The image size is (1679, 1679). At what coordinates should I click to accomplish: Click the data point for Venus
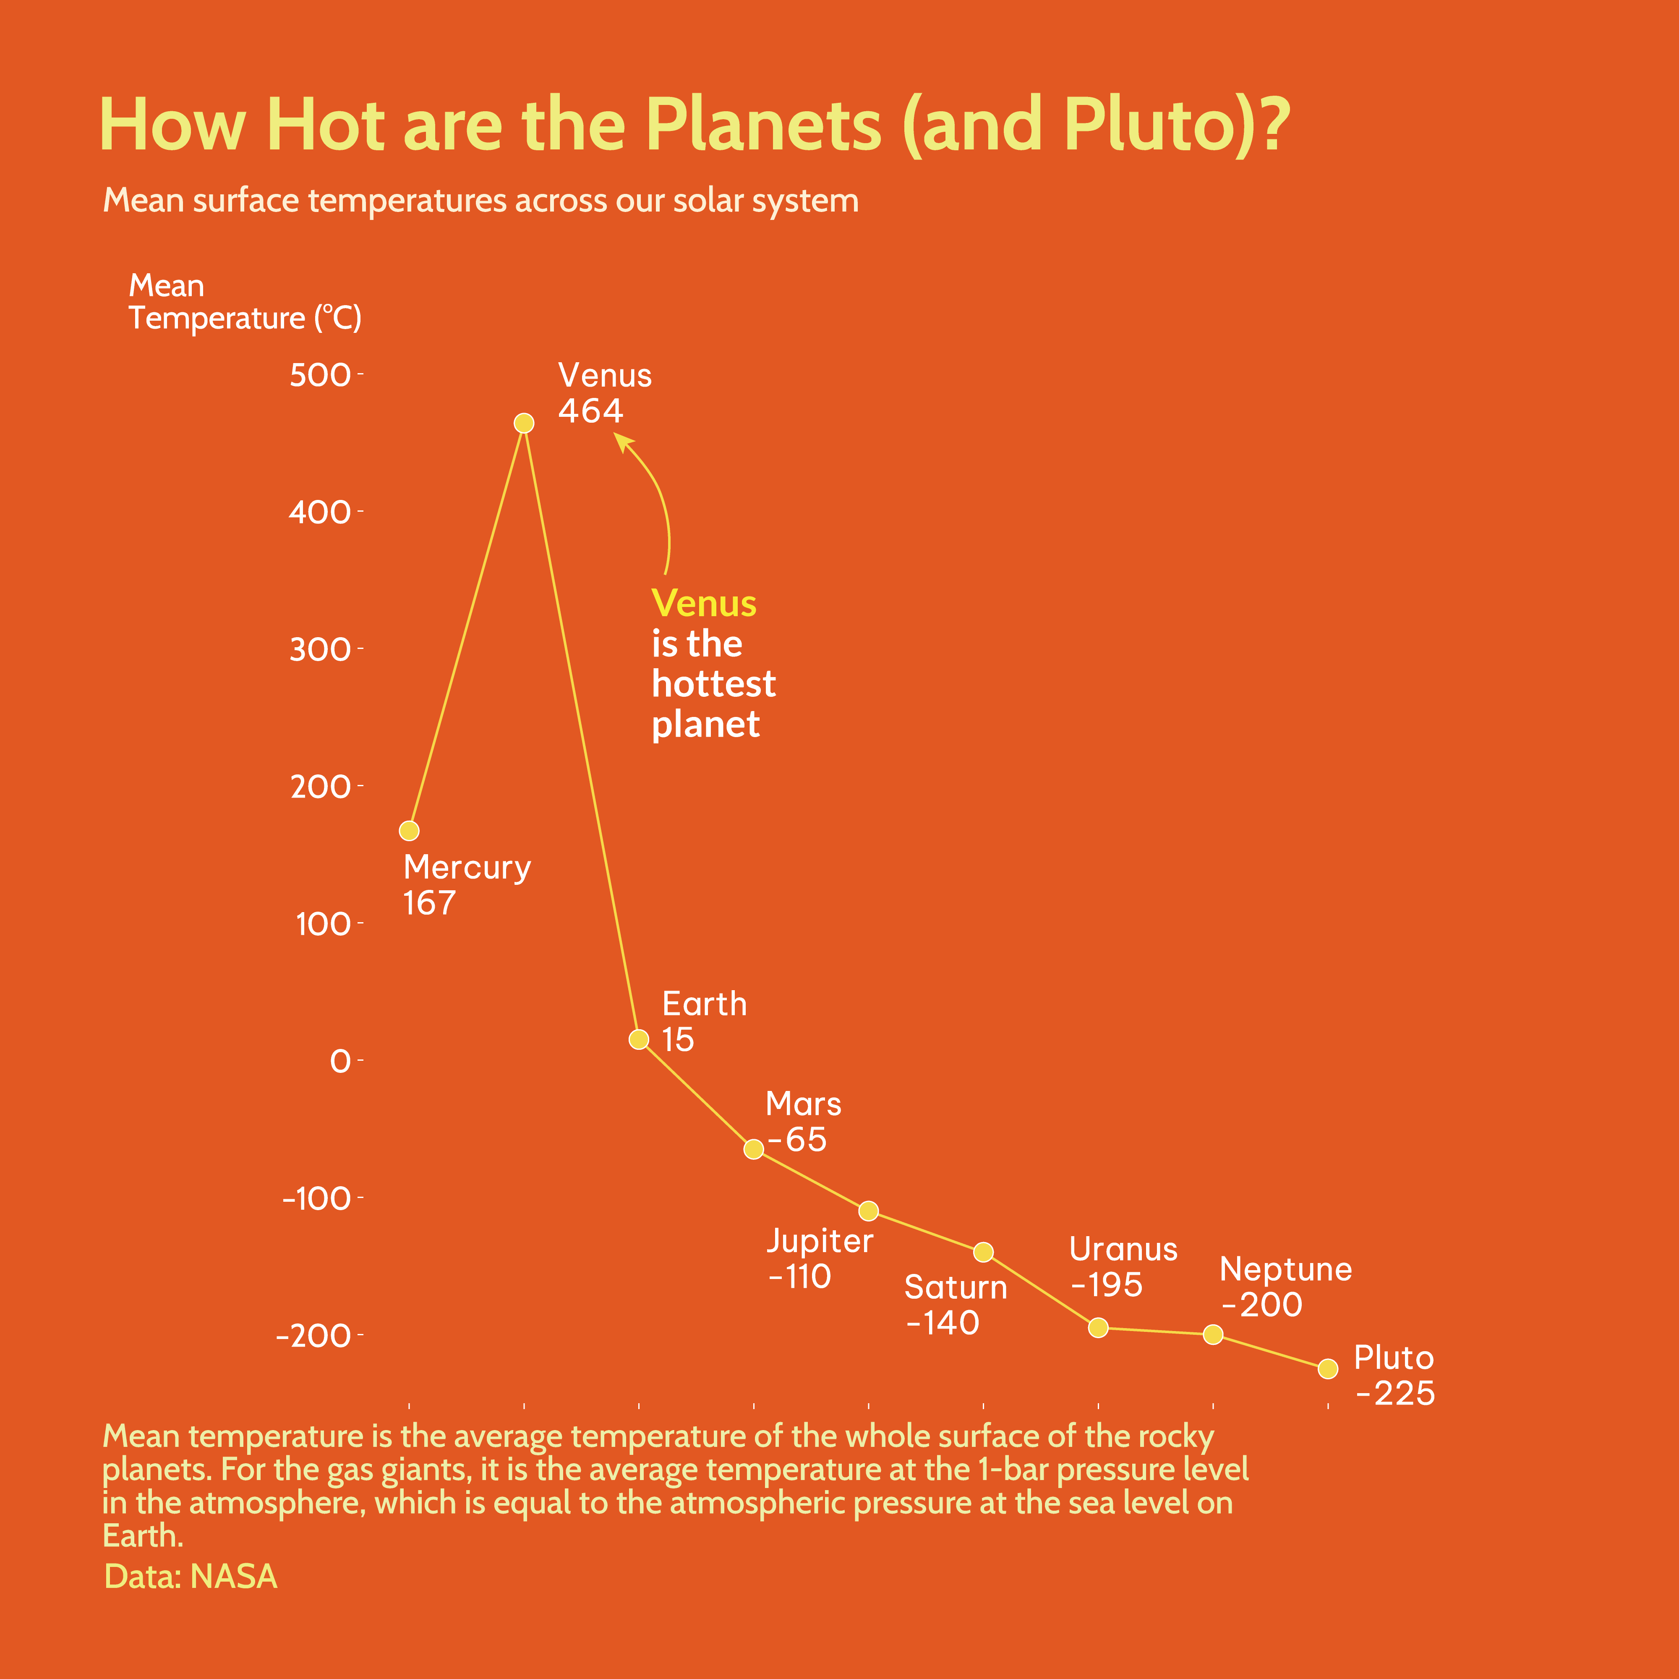[524, 423]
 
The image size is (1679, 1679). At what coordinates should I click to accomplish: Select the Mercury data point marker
[409, 831]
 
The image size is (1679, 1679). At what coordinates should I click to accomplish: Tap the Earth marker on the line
[639, 1039]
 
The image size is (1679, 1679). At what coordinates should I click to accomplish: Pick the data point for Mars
[753, 1149]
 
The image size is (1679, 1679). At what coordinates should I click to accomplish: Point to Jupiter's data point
[868, 1211]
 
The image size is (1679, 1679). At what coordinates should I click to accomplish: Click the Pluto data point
[1328, 1369]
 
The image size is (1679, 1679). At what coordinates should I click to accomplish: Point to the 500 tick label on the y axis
[320, 375]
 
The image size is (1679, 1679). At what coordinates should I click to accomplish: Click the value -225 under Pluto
[1395, 1394]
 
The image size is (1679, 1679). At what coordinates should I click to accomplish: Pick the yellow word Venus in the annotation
[704, 603]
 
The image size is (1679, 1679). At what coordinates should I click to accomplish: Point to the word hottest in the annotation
[713, 684]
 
